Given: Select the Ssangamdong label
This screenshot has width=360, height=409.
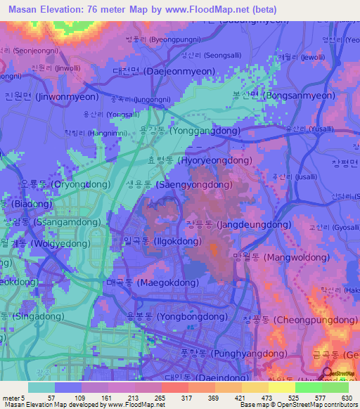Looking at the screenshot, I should pos(49,221).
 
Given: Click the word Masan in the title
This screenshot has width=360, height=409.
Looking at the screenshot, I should pos(21,9).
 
